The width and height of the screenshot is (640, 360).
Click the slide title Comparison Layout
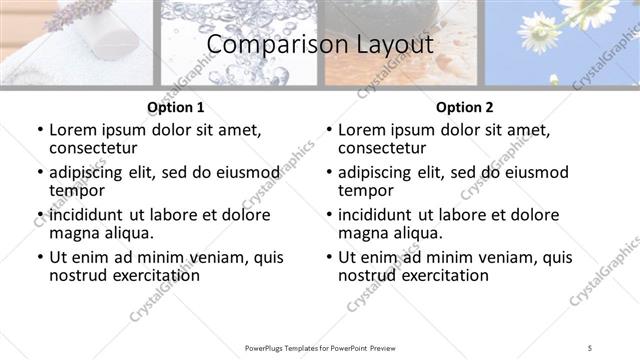click(x=320, y=44)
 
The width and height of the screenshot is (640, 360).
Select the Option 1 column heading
click(x=175, y=107)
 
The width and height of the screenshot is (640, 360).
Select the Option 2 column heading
click(x=464, y=107)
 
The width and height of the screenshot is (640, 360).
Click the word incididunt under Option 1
click(x=88, y=214)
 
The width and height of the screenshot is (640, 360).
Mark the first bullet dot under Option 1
click(x=40, y=130)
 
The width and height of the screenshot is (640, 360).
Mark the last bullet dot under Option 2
click(x=329, y=257)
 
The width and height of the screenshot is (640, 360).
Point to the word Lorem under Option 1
click(x=73, y=130)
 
